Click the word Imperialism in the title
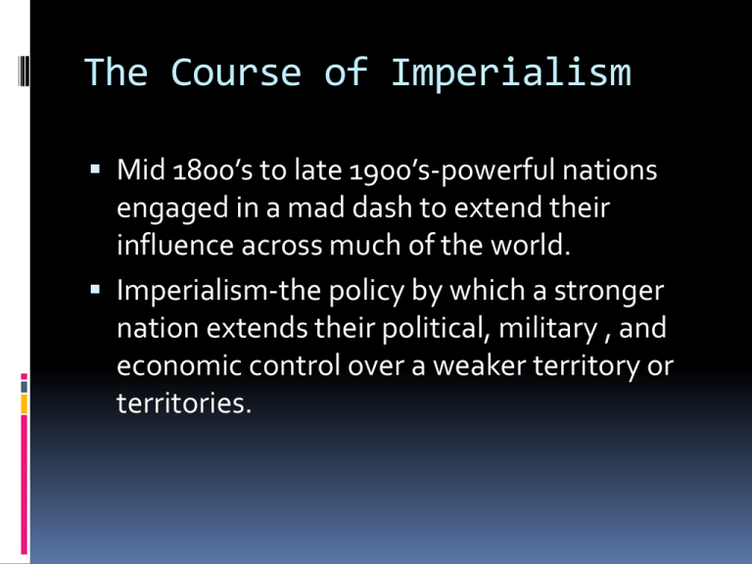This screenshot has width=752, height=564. pos(511,72)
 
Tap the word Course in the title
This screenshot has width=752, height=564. pos(236,72)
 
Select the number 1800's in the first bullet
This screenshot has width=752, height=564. pos(212,170)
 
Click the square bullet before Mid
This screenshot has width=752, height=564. pos(95,168)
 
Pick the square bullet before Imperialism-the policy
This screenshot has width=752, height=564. pos(95,289)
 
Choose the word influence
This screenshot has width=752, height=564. pos(175,245)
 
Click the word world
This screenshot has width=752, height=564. pos(530,245)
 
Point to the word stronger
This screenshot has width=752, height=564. pos(609,292)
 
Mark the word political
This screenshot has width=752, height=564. pos(437,329)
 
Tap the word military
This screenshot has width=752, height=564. pos(548,329)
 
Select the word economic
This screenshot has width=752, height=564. pos(179,365)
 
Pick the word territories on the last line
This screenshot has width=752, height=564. pos(184,402)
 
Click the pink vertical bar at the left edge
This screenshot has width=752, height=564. pos(23,485)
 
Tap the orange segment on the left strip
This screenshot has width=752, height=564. pos(23,403)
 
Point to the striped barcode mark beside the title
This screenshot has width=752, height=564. pos(23,70)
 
